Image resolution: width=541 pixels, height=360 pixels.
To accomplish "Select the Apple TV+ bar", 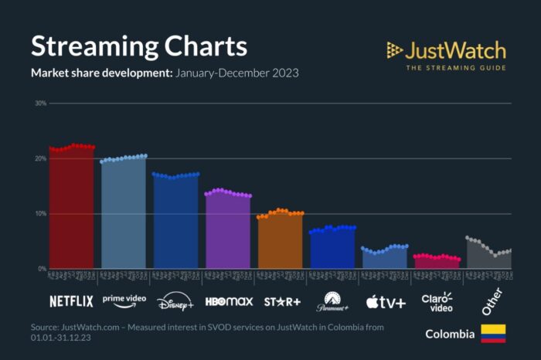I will coord(384,259).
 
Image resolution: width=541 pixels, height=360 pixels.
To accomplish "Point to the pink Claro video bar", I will coord(437,263).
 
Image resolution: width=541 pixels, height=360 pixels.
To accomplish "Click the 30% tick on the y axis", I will coord(40,103).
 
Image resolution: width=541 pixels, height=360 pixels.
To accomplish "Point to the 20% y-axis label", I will coord(40,158).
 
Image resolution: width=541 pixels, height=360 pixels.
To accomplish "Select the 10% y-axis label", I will coord(40,213).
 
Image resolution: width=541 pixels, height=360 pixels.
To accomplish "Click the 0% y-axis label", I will coord(43,269).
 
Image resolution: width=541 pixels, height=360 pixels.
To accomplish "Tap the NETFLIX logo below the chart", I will coord(71,301).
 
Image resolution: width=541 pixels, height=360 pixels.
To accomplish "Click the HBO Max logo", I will coord(227,301).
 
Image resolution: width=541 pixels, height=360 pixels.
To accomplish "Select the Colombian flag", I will coord(493,334).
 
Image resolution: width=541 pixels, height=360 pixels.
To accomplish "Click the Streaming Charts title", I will coord(139,46).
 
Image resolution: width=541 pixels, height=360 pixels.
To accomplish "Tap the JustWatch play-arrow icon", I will coord(395,51).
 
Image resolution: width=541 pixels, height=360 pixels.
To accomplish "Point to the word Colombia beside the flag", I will coord(450,335).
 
